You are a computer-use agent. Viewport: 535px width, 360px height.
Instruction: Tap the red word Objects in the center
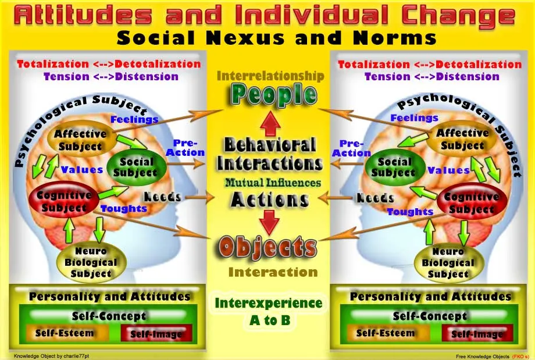(x=267, y=248)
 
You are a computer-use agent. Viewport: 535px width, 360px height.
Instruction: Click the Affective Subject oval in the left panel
(x=80, y=140)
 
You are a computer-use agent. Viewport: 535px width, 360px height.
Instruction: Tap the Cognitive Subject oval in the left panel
(x=64, y=201)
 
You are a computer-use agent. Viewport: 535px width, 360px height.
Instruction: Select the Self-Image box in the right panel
(x=477, y=334)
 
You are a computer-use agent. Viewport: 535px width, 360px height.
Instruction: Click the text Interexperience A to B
(x=268, y=311)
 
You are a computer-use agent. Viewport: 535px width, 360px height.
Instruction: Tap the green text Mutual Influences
(x=273, y=183)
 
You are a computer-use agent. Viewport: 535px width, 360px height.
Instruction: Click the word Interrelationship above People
(x=270, y=76)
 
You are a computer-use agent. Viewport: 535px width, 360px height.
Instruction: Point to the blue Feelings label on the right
(x=413, y=118)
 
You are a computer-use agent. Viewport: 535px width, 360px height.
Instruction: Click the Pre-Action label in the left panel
(x=186, y=148)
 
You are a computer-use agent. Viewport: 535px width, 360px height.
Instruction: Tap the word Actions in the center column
(x=269, y=199)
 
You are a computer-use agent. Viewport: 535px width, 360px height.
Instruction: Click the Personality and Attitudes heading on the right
(x=430, y=297)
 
